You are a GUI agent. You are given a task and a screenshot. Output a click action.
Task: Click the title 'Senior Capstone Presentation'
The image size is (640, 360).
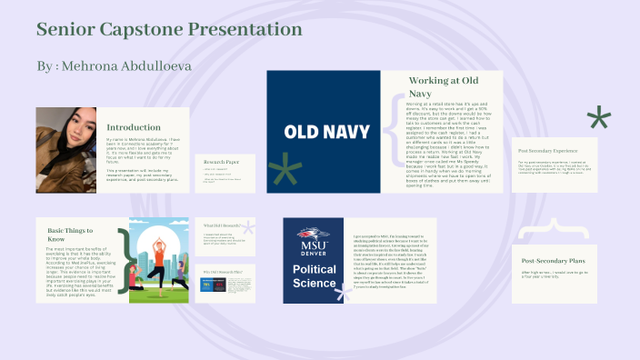[169, 30]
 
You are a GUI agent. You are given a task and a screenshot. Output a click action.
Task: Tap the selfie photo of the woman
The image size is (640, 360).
[65, 150]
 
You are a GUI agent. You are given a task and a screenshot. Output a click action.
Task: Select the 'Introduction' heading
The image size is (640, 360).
[134, 127]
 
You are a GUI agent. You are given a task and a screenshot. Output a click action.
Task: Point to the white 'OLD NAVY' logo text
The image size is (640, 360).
[323, 131]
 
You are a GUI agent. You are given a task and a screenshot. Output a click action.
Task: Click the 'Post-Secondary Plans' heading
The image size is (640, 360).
[554, 259]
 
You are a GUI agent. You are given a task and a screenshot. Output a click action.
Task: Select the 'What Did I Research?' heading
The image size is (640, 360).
[222, 225]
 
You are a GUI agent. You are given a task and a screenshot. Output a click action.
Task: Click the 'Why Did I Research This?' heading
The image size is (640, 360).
[223, 271]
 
